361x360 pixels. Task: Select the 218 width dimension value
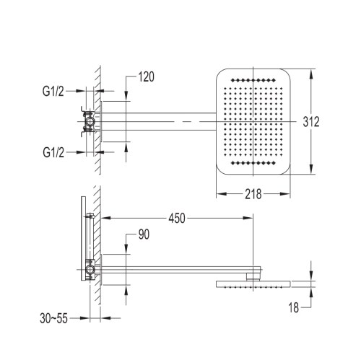click(252, 194)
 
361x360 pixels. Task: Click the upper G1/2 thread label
click(56, 92)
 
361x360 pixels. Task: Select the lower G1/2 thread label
click(56, 153)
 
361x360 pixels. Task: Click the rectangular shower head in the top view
click(252, 123)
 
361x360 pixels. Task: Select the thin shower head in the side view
click(252, 284)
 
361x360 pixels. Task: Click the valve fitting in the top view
click(90, 122)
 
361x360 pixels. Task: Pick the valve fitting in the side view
click(90, 268)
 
